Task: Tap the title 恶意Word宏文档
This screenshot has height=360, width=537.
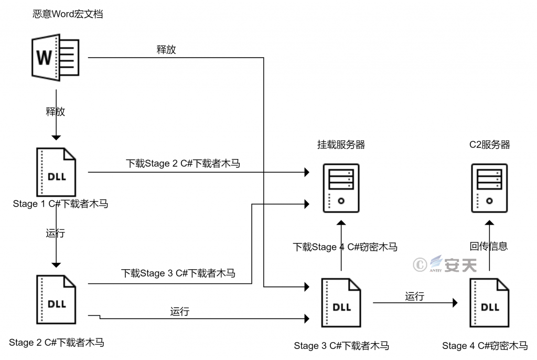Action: coord(68,14)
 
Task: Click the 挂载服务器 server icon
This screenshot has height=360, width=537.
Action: coord(341,187)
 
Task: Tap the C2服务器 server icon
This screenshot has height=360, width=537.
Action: coord(490,187)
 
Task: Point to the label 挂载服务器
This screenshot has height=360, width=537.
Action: coord(341,145)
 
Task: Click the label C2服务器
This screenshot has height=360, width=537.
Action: coord(490,145)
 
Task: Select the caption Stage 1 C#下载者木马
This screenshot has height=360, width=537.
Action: coord(60,204)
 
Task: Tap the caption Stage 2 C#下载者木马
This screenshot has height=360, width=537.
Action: coord(57,343)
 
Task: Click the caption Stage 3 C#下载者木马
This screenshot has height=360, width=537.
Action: coord(341,346)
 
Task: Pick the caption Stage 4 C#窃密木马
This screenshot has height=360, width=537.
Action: coord(485,346)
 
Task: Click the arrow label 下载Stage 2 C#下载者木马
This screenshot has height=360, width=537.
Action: coord(183,164)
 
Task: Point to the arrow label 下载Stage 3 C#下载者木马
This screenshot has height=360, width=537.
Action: coord(178,273)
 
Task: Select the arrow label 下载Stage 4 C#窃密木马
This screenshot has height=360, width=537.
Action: coord(345,247)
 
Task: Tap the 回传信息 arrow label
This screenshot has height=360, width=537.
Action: coord(489,247)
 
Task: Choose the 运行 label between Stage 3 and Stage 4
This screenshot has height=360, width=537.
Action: coord(414,297)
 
